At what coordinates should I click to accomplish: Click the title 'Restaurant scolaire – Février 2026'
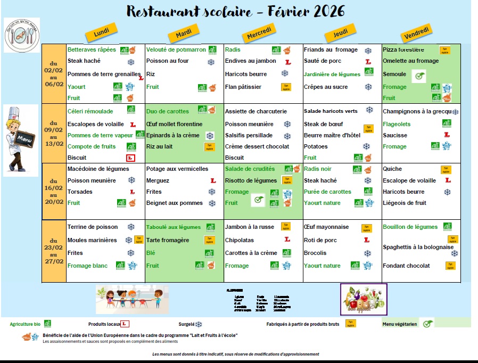coord(235,11)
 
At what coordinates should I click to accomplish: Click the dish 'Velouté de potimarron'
coord(176,49)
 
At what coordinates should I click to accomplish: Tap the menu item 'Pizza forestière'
coord(407,49)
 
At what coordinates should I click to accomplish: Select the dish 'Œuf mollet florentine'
coord(174,124)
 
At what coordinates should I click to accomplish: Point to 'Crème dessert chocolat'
coord(257,146)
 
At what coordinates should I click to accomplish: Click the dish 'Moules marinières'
coord(92,240)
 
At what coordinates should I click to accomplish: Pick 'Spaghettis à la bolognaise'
coord(418,247)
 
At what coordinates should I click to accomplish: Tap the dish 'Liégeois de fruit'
coord(405,203)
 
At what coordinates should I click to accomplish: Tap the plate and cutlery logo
coord(21,35)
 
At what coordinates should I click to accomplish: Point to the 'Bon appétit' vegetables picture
coord(364,299)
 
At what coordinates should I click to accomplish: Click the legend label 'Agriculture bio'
coord(26,324)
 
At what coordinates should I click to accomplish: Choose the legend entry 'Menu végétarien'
coord(400,324)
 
